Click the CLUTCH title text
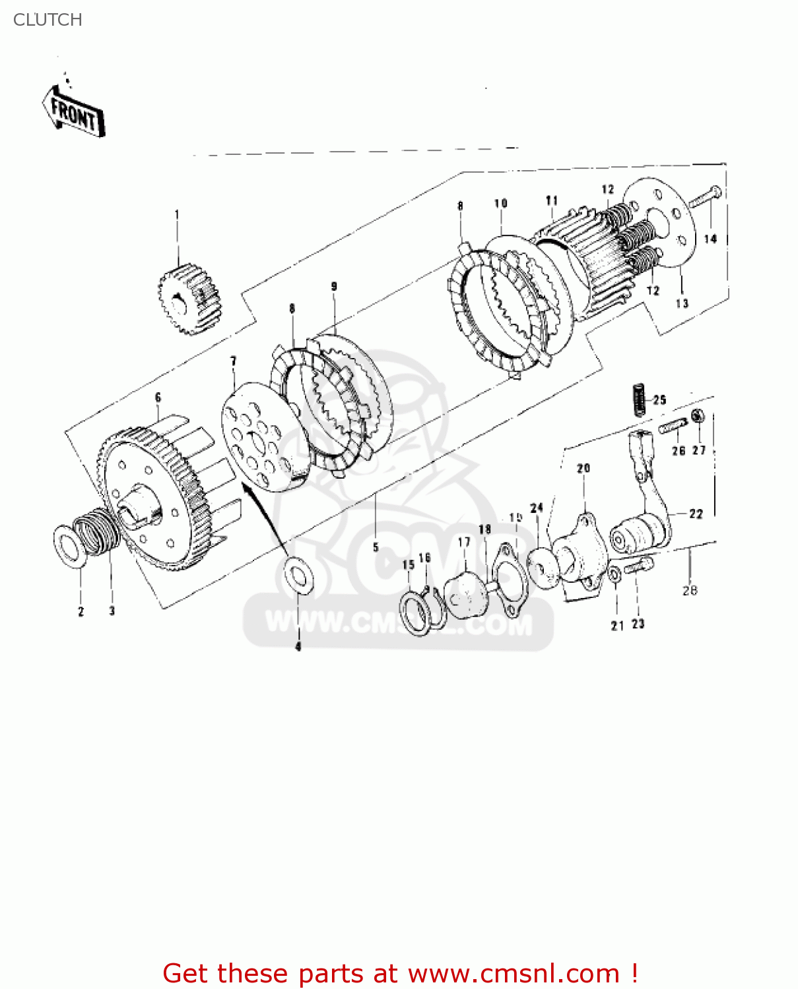[x=48, y=20]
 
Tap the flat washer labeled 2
[x=69, y=546]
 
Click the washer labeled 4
[x=299, y=574]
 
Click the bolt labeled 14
[x=705, y=196]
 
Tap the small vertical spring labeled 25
[x=638, y=399]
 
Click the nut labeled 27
[x=697, y=416]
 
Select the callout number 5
[x=376, y=547]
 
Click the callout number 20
[x=583, y=468]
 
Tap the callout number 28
[x=690, y=590]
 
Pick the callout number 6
[x=158, y=398]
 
